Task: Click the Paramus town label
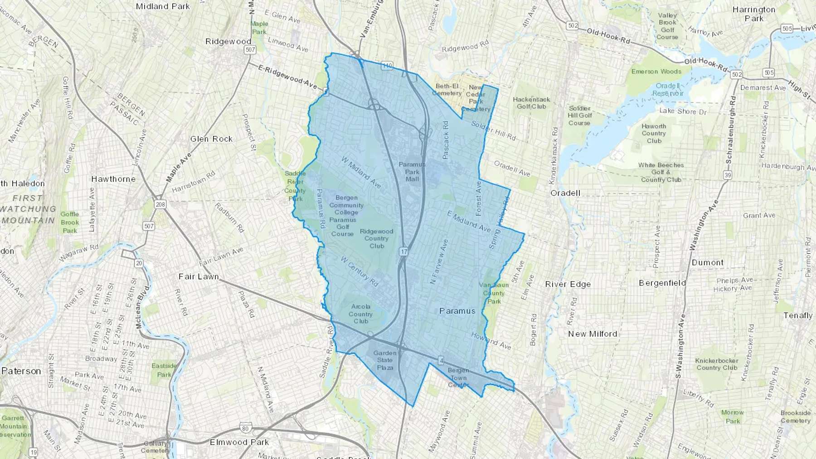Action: pyautogui.click(x=457, y=311)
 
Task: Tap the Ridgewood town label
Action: pyautogui.click(x=228, y=41)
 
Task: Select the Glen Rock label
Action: pyautogui.click(x=211, y=139)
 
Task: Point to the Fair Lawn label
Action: pyautogui.click(x=199, y=276)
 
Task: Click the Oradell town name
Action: pyautogui.click(x=565, y=193)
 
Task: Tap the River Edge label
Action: pyautogui.click(x=568, y=284)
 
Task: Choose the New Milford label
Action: pyautogui.click(x=593, y=334)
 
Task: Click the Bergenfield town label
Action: pyautogui.click(x=662, y=283)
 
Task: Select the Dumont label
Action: pyautogui.click(x=707, y=262)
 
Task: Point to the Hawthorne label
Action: pyautogui.click(x=113, y=179)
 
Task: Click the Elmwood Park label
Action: pyautogui.click(x=239, y=442)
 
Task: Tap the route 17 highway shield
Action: pyautogui.click(x=404, y=251)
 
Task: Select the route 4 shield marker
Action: pyautogui.click(x=441, y=361)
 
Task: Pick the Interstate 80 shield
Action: pyautogui.click(x=244, y=427)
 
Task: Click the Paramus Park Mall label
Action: pyautogui.click(x=412, y=172)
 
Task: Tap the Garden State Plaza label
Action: pyautogui.click(x=385, y=360)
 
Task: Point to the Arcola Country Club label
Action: pyautogui.click(x=361, y=314)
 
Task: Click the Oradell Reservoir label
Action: pyautogui.click(x=668, y=89)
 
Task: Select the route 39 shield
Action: pyautogui.click(x=728, y=175)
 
